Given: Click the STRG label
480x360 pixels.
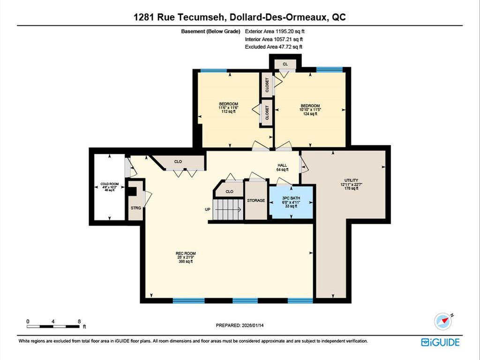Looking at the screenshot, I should [135, 207].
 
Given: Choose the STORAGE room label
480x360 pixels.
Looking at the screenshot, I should [256, 200].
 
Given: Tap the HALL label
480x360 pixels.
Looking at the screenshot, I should [281, 165].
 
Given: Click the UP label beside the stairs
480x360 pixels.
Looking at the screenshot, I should [207, 210].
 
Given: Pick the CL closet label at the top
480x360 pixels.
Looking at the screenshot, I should [285, 64].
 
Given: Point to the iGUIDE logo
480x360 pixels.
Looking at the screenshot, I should [440, 342].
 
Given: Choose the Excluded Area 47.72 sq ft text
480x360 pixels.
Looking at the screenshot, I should [273, 47].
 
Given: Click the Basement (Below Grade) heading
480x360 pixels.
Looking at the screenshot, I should [210, 31].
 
